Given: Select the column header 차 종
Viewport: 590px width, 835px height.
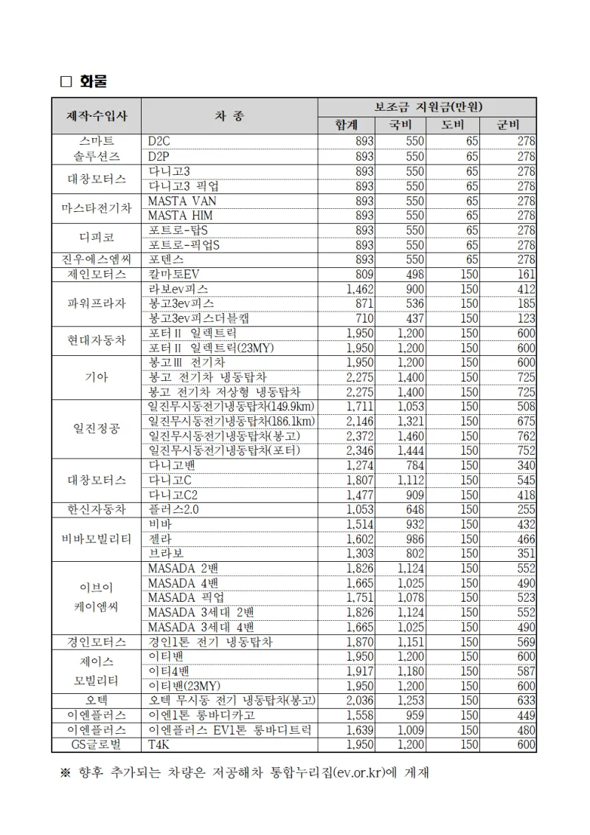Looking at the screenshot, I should click(229, 116).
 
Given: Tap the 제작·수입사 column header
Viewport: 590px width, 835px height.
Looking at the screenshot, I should click(97, 116).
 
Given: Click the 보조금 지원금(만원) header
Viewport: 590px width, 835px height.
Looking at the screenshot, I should click(427, 107).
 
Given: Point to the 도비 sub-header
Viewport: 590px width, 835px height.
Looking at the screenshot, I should click(454, 125).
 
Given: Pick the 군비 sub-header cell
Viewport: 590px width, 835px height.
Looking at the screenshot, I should click(508, 125).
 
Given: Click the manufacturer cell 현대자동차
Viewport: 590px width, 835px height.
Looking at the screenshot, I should click(97, 340).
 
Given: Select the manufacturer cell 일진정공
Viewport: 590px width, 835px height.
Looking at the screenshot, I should click(97, 428).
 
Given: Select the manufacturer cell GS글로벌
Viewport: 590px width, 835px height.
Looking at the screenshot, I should click(97, 745).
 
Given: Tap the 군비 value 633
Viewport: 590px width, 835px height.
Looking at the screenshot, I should click(526, 701).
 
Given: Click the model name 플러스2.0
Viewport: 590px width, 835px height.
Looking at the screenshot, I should click(174, 509).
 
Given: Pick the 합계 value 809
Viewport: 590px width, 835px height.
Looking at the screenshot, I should click(364, 274).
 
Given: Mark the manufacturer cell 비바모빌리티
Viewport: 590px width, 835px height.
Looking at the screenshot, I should click(97, 539).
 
